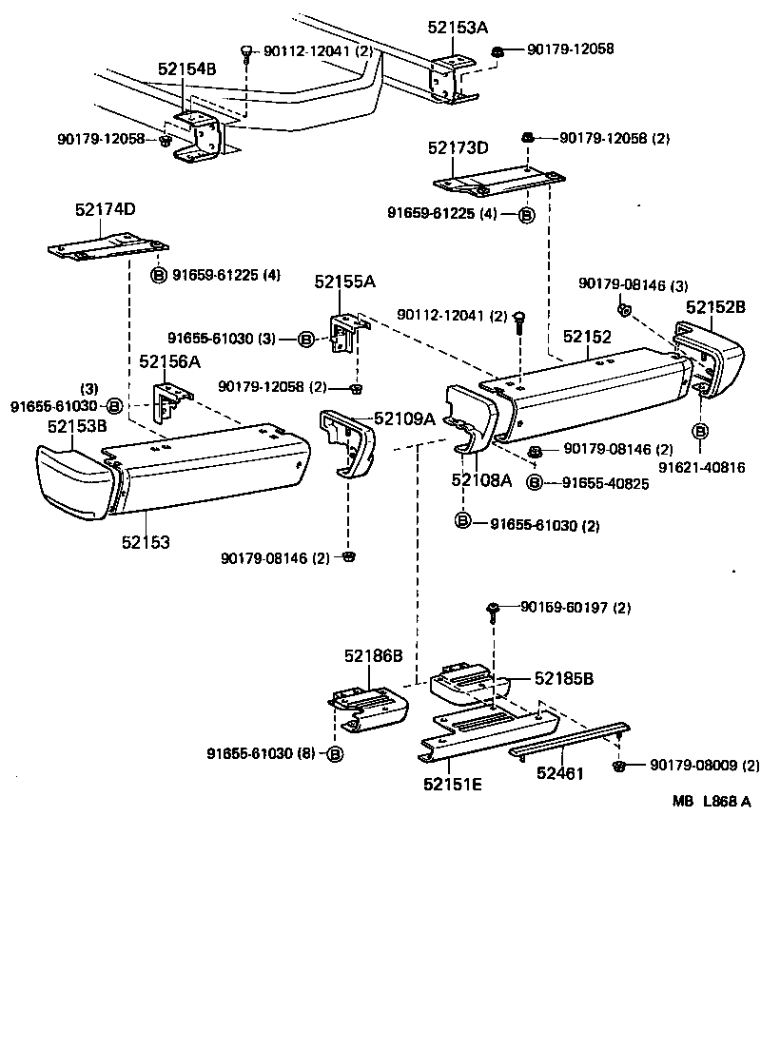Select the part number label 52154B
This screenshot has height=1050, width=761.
[x=186, y=69]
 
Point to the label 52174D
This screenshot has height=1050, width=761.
[x=105, y=209]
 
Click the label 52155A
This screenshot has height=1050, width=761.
[x=344, y=282]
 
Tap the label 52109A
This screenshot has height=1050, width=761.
[x=404, y=418]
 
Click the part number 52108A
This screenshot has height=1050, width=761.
[x=481, y=480]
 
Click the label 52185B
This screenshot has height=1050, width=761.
[x=563, y=678]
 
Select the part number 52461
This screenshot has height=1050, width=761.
[x=559, y=773]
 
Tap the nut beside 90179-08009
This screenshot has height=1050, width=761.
[x=619, y=765]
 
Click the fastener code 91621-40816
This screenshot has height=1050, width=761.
[x=700, y=467]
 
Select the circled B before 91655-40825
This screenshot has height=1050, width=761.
[x=534, y=483]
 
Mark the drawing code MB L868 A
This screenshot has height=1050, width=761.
[x=712, y=801]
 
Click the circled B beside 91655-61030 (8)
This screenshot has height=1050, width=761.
[x=334, y=754]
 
